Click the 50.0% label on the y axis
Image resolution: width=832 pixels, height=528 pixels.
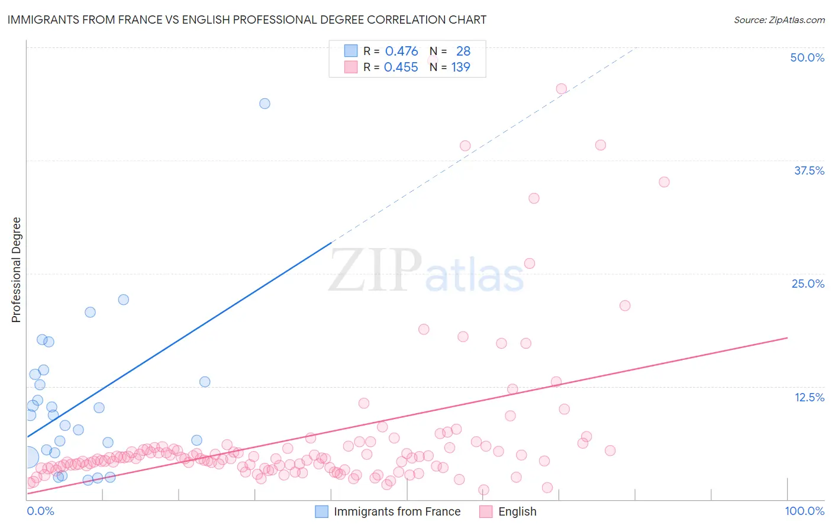coord(807,57)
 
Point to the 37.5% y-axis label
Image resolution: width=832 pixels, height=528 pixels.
coord(808,170)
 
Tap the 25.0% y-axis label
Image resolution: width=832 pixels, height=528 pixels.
coord(807,284)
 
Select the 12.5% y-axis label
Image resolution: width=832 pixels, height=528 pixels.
coord(809,397)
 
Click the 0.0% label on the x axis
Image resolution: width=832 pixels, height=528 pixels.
coord(40,511)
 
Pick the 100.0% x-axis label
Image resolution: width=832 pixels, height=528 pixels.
coord(804,511)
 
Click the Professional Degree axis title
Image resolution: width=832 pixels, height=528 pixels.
coord(17,270)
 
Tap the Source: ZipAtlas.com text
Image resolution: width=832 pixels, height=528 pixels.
coord(779,20)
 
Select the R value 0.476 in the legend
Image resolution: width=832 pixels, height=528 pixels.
coord(401,51)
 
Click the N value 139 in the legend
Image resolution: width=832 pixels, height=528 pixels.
coord(460,67)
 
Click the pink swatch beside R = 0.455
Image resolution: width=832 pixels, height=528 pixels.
coord(351,67)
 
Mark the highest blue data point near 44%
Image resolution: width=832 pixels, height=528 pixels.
coord(265,104)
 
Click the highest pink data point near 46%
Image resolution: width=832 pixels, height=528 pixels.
coord(561,89)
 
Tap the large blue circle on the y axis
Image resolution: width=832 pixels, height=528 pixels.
coord(28,457)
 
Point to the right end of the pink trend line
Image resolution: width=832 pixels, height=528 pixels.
coord(787,337)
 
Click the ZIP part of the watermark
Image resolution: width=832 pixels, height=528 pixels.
coord(375,270)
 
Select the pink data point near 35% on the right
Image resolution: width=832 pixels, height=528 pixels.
coord(664,182)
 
